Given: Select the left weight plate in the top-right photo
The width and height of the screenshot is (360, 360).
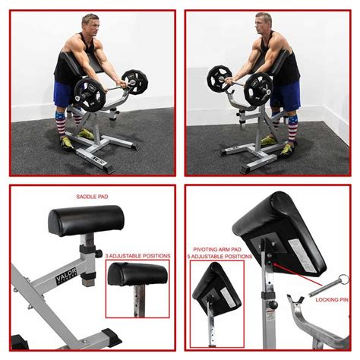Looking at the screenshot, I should click(219, 79).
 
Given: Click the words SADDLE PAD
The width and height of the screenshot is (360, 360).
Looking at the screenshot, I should click(92, 197).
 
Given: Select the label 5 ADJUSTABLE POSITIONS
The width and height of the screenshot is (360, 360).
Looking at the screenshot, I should click(221, 257).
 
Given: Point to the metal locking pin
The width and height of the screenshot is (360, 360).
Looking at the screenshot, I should click(327, 289).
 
